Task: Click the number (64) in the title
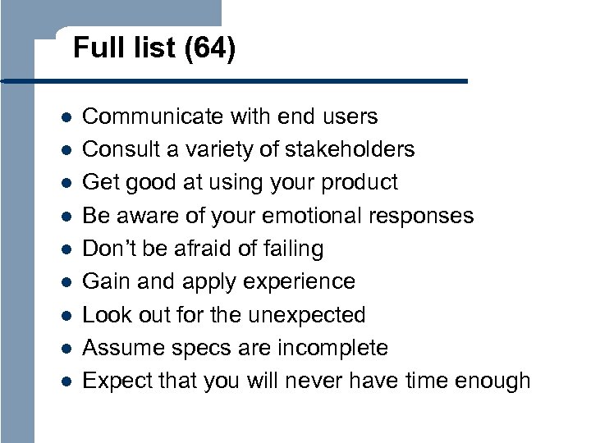210,49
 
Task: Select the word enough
491,381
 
